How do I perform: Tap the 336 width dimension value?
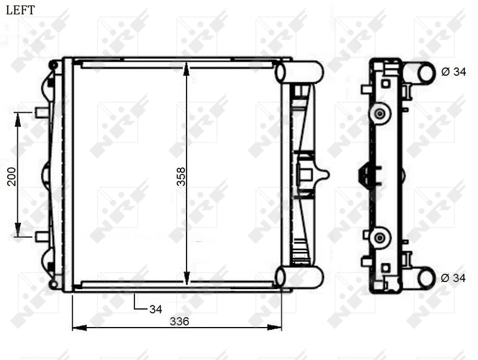[179, 322]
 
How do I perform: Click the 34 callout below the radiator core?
[156, 309]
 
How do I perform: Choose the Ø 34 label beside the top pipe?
[453, 72]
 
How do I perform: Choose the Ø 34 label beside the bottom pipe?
[453, 278]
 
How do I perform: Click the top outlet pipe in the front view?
[299, 72]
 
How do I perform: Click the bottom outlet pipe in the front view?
[299, 277]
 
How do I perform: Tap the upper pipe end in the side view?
[426, 73]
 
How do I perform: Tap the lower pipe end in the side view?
[426, 278]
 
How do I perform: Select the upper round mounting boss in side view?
[378, 113]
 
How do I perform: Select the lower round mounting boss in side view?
[378, 238]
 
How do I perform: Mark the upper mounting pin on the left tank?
[41, 112]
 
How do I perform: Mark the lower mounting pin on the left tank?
[41, 236]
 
